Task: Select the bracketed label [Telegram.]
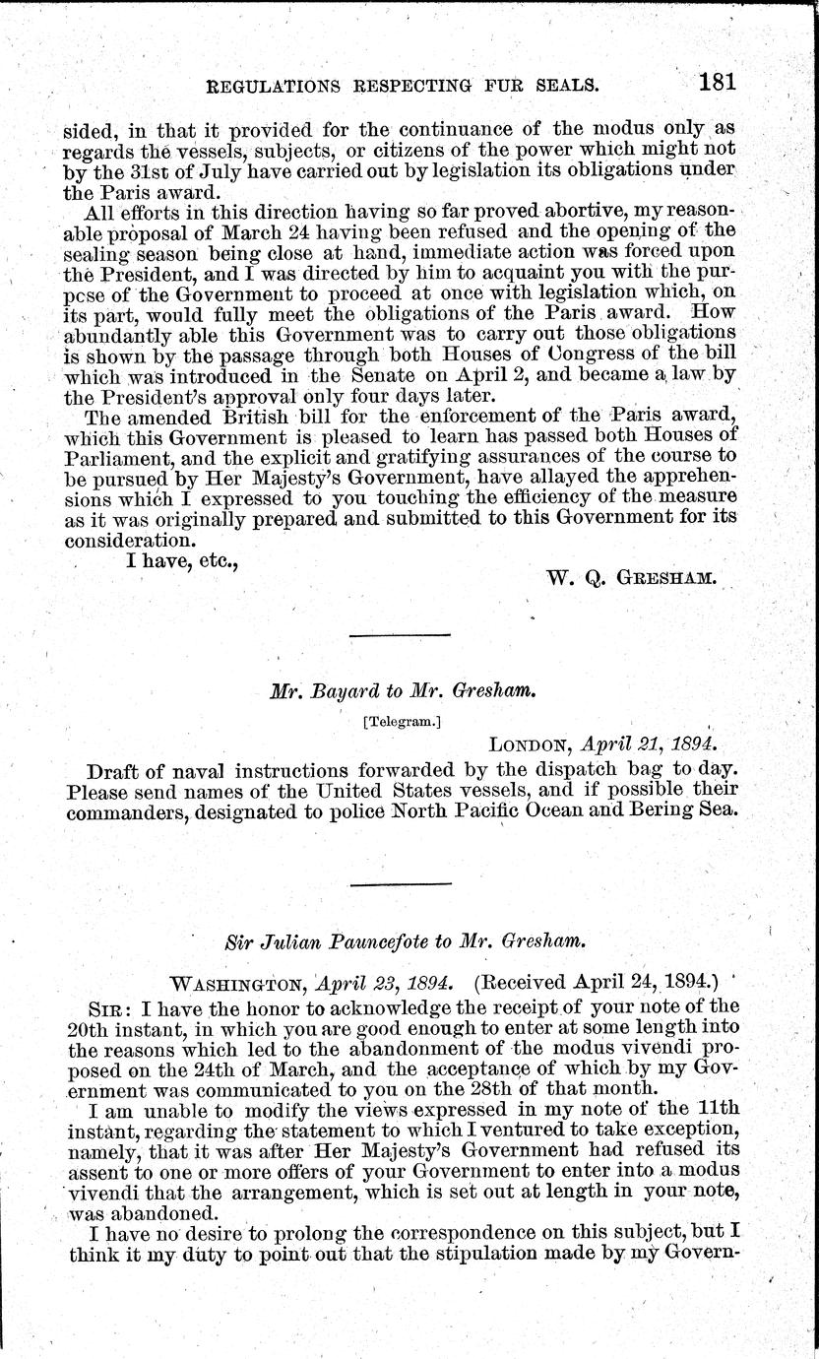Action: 402,721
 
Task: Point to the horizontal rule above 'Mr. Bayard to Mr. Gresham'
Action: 385,635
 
